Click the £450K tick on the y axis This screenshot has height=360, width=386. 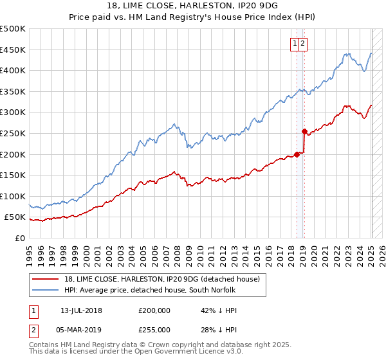coord(13,50)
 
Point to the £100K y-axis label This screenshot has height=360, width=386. coord(13,196)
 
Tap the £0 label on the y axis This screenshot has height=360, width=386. coord(19,238)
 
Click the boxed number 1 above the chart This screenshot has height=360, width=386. coord(295,44)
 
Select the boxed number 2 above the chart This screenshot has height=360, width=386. coord(302,44)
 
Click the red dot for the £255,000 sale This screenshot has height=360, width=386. coord(304,130)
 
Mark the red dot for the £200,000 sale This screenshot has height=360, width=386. coord(297,154)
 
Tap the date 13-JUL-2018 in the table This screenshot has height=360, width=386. coord(81,310)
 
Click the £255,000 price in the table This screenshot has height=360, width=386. coord(154,328)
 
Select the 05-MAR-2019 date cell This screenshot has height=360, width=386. coord(81,328)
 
